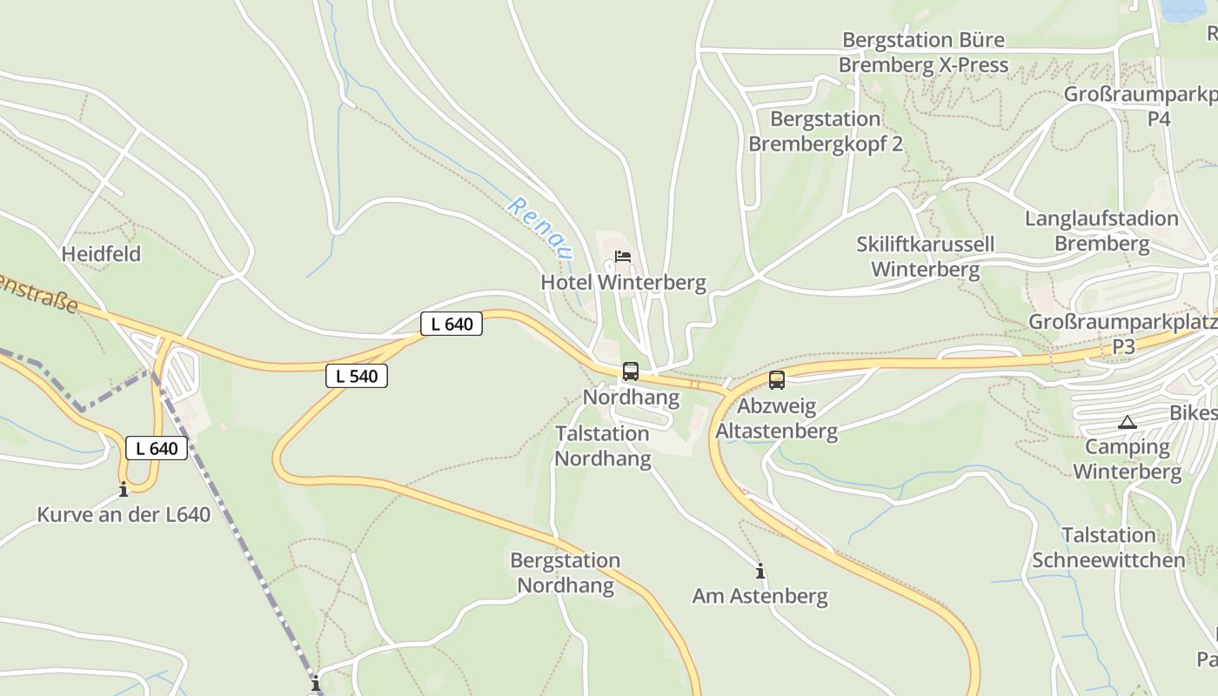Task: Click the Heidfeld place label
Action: tap(101, 254)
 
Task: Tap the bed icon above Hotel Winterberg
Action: tap(623, 257)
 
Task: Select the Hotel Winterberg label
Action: tap(623, 283)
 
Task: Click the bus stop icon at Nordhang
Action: tap(631, 371)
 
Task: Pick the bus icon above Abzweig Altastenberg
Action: tap(777, 380)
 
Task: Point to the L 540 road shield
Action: tap(357, 377)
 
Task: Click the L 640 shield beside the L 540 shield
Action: tap(452, 325)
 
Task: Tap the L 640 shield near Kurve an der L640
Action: tap(157, 449)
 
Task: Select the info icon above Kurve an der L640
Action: tap(124, 490)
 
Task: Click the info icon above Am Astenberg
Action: tap(760, 572)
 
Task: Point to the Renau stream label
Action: tap(541, 229)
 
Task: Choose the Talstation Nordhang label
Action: tap(603, 446)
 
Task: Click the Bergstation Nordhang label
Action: tap(565, 572)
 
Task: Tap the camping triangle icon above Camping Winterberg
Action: tap(1128, 424)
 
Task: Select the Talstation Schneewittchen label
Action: tap(1108, 547)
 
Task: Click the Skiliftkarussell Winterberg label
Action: tap(925, 257)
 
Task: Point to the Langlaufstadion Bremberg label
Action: tap(1101, 231)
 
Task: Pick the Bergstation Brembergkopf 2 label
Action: tap(826, 131)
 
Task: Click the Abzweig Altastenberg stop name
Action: tap(776, 418)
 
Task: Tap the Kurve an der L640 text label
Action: tap(124, 515)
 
